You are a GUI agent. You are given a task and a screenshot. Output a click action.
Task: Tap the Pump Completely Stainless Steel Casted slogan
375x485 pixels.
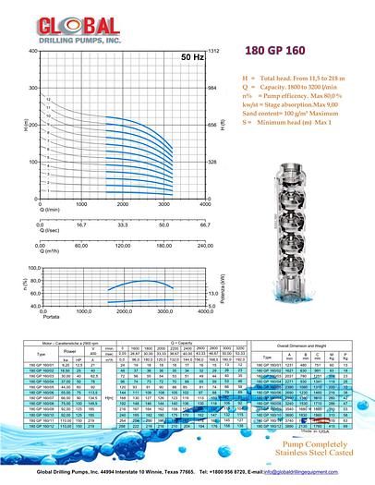[302, 447]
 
